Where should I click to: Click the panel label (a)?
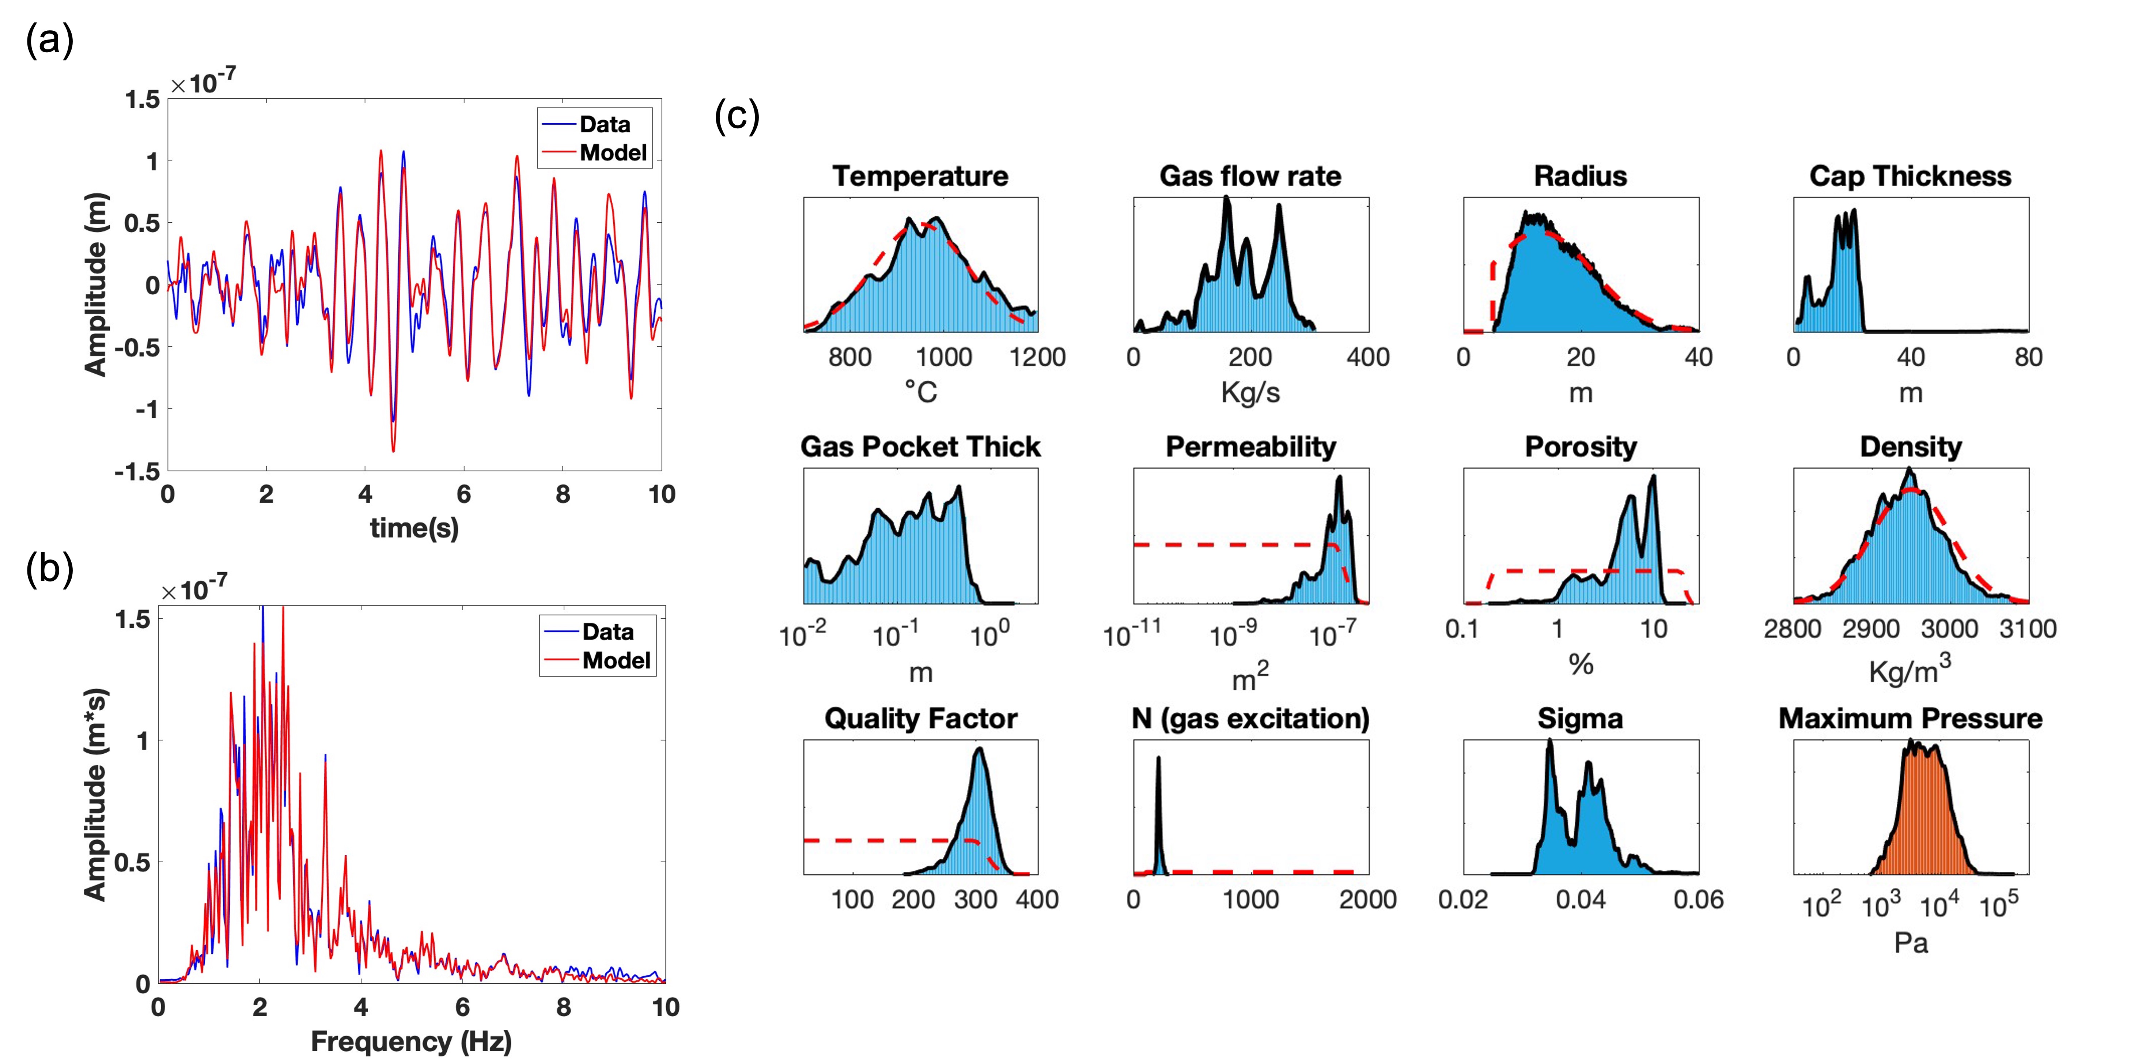tap(50, 40)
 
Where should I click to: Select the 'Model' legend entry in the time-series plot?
tap(612, 152)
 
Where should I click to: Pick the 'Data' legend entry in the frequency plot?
tap(607, 632)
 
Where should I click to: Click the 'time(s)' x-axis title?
tap(414, 527)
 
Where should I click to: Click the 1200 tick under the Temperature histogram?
tap(1037, 357)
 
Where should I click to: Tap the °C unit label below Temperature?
tap(920, 392)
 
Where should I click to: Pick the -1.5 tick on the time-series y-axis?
tap(137, 472)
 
